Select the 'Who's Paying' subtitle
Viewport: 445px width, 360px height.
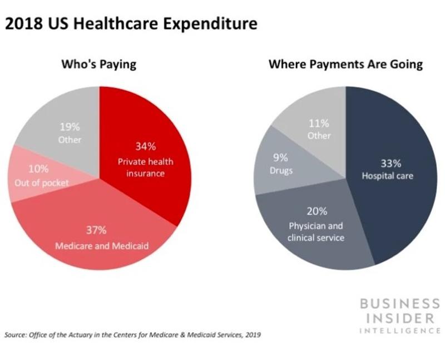[x=98, y=65]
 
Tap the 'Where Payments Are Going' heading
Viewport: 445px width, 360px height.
[x=345, y=65]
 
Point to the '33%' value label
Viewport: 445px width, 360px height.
[x=389, y=164]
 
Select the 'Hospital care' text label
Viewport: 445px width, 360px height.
[x=388, y=176]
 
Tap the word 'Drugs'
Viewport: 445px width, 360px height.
[x=281, y=170]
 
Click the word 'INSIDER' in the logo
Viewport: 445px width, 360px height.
[x=398, y=319]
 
